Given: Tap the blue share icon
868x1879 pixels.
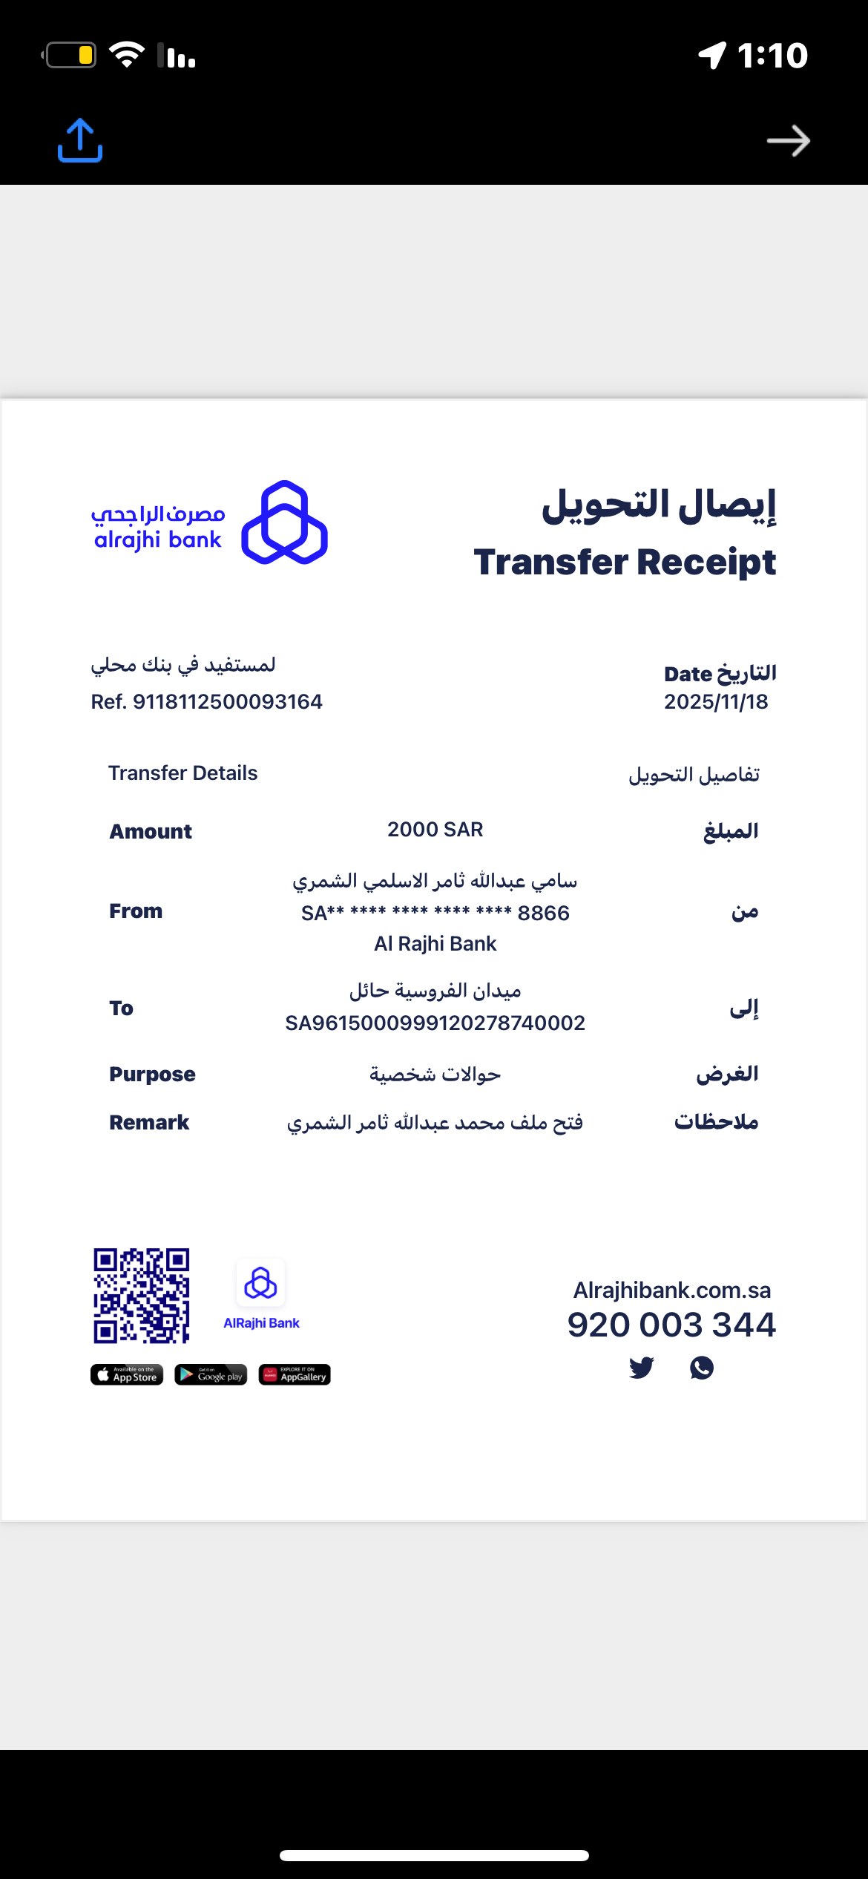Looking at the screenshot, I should click(80, 140).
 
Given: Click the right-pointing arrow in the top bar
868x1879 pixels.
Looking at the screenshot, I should click(788, 141).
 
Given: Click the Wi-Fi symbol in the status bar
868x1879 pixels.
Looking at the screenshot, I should click(127, 55).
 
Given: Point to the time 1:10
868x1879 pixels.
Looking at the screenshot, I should click(772, 56).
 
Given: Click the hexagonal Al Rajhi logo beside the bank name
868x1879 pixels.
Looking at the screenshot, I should click(285, 522).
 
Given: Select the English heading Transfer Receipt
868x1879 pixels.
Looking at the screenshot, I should click(625, 562).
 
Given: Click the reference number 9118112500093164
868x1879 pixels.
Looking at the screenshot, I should click(227, 701).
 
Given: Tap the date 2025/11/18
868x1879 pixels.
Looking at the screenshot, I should click(716, 701).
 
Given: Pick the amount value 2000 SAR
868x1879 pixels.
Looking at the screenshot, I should click(435, 830).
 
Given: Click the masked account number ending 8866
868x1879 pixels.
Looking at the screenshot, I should click(435, 913).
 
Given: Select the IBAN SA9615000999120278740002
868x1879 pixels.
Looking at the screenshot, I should click(435, 1023).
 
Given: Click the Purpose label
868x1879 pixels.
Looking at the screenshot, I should click(152, 1074).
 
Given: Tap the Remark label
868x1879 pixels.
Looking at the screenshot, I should click(149, 1122).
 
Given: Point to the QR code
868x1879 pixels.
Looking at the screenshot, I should click(141, 1296).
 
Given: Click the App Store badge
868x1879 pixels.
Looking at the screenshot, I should click(127, 1375).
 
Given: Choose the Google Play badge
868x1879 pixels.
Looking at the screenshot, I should click(211, 1375).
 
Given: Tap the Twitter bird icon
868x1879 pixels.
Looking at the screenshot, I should click(641, 1367).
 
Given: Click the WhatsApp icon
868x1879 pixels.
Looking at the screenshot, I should click(702, 1367).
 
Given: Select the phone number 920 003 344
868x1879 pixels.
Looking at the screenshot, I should click(671, 1325).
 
